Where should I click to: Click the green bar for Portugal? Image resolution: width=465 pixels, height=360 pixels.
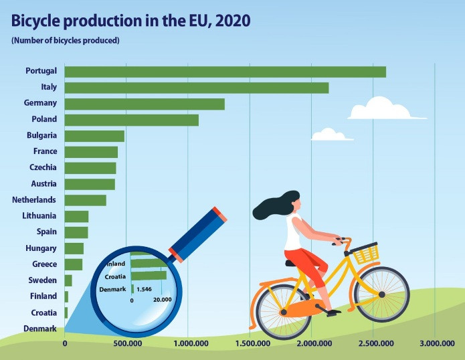pos(225,72)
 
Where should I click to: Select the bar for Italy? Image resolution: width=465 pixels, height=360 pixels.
pos(196,88)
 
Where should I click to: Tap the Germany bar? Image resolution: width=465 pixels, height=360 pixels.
pos(145,104)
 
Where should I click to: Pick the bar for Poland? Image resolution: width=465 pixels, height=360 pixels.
pos(131,120)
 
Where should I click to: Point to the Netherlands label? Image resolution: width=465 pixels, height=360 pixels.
pos(34,199)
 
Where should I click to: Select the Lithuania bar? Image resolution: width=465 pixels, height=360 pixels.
pos(76,216)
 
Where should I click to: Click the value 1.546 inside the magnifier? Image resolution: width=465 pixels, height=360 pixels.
pos(145,289)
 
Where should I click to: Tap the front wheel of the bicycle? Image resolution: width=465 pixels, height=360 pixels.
pos(382,294)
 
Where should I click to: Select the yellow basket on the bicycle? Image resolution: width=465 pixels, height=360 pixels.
pos(366,254)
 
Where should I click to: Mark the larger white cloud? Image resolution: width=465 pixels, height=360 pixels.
pos(379,108)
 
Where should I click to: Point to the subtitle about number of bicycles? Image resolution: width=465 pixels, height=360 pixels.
pos(65,41)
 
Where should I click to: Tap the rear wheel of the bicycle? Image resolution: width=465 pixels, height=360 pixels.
pos(282,312)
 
